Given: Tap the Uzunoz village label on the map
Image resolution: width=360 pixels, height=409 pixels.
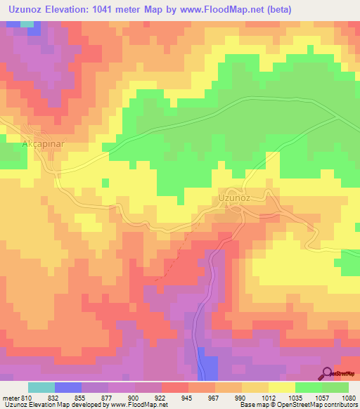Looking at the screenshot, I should [x=234, y=198].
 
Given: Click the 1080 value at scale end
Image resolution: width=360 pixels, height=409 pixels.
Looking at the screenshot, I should [x=347, y=397].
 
